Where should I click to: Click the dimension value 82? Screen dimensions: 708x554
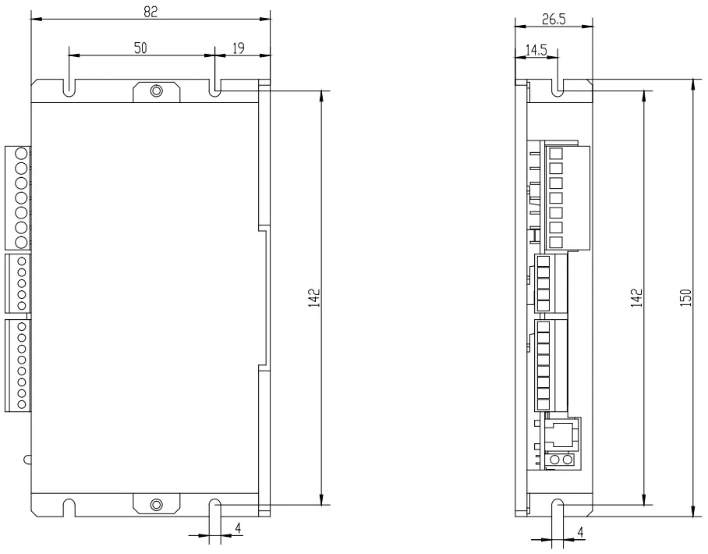pos(150,12)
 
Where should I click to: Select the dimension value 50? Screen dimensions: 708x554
pos(140,48)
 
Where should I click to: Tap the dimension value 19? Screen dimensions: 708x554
pos(239,48)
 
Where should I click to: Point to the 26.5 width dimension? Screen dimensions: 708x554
pos(554,20)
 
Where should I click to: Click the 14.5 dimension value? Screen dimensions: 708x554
pos(536,50)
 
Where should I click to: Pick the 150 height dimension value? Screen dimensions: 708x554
pos(685,298)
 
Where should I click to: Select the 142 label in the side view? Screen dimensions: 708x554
pos(636,298)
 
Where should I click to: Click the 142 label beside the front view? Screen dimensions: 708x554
pos(314,298)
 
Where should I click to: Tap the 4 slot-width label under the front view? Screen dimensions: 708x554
pos(238,528)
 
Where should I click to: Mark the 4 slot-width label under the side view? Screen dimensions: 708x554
pos(581,532)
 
